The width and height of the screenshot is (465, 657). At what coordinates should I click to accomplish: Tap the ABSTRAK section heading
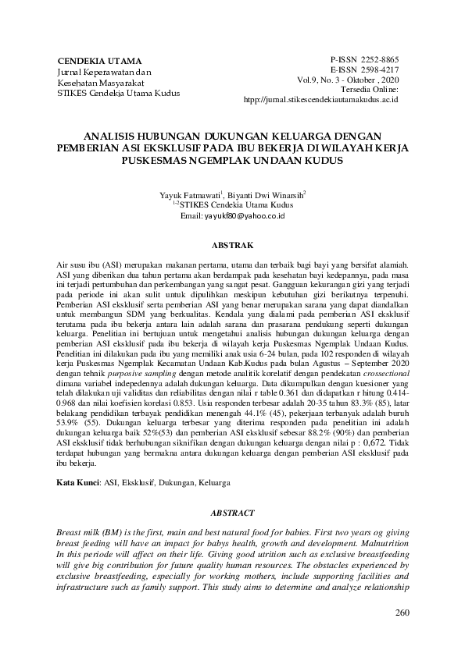[x=233, y=244]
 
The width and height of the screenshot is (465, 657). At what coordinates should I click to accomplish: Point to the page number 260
[x=402, y=611]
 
